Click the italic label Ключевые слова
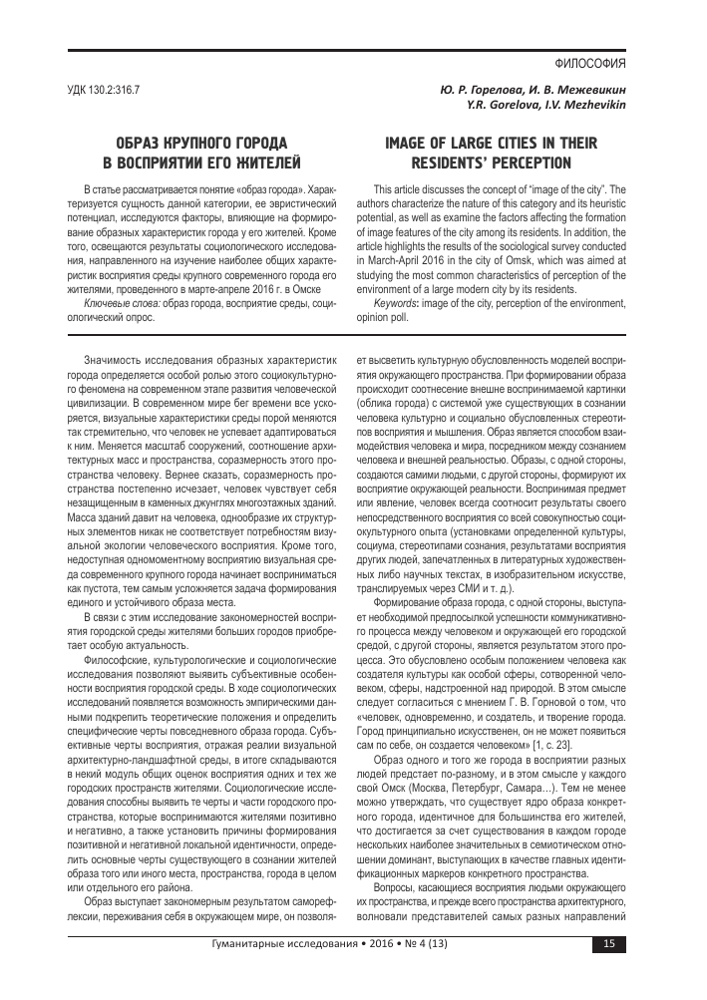tap(117, 301)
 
